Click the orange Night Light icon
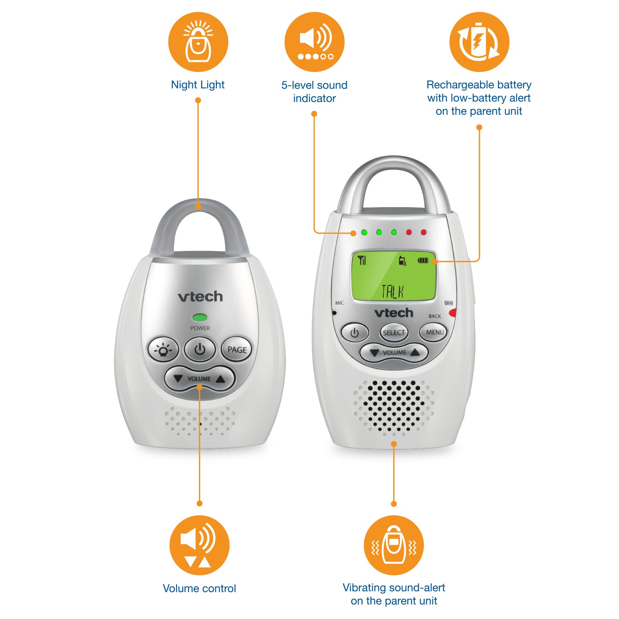[x=198, y=42]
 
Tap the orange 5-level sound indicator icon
[x=314, y=42]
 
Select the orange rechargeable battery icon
[x=479, y=42]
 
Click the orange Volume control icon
[x=199, y=545]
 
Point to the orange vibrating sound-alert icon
[x=394, y=545]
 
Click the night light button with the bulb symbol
[x=163, y=350]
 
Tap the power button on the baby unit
[x=200, y=350]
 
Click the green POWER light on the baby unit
[x=200, y=317]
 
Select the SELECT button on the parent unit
[x=394, y=333]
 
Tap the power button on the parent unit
[x=354, y=333]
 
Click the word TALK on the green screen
[x=392, y=291]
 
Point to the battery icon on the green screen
[x=423, y=260]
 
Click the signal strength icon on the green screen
[x=362, y=260]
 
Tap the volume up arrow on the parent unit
[x=415, y=352]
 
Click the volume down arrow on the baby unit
[x=178, y=378]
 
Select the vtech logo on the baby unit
[x=200, y=296]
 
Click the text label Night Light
[x=198, y=85]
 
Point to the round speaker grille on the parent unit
[x=394, y=406]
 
